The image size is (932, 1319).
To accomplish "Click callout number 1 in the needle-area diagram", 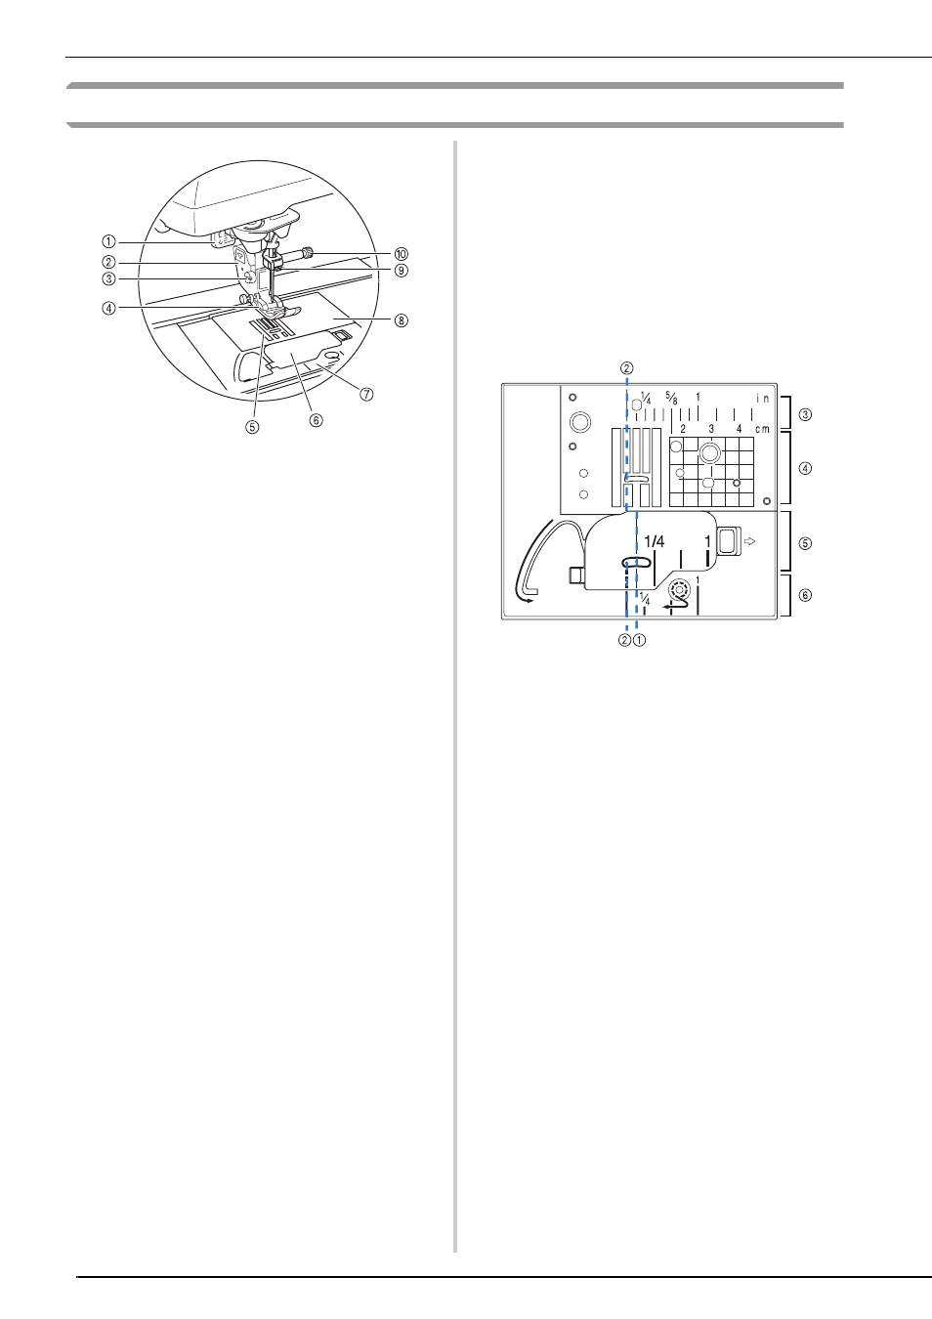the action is [x=108, y=241].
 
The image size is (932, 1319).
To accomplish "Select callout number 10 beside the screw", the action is [x=401, y=254].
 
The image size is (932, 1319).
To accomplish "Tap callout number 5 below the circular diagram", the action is [x=253, y=428].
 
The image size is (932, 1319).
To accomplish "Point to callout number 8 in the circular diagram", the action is [x=401, y=320].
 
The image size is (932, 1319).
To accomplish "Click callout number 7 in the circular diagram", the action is [x=366, y=394].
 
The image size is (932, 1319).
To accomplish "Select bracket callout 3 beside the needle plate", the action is [x=805, y=414].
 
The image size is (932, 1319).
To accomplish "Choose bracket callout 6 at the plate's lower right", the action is [x=805, y=595].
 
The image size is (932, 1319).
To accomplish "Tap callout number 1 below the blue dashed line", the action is [x=639, y=640].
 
